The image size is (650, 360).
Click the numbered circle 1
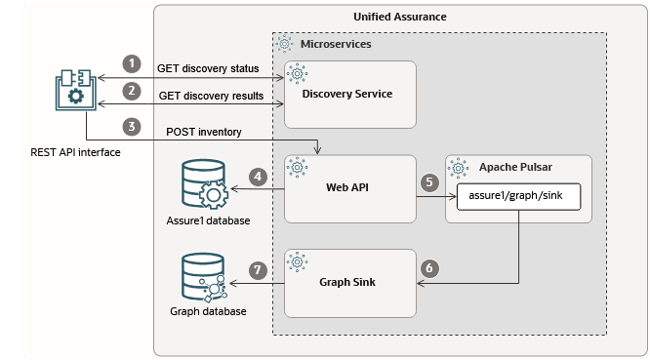coord(131,63)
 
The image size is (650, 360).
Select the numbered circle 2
coord(131,91)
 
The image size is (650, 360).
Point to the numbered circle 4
coord(258,178)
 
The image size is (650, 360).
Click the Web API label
coord(349,187)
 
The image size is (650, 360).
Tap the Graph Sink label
coord(349,283)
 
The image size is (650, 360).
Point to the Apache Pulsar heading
coord(521,167)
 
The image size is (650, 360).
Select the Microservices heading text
coord(336,45)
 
